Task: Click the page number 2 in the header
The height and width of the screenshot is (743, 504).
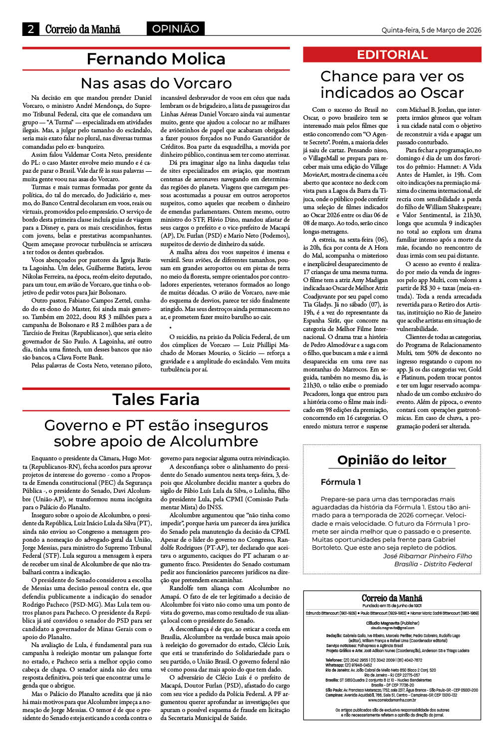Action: pos(30,29)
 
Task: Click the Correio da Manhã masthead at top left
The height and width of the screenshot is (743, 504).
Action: pos(83,29)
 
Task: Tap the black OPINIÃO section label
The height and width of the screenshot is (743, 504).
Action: pos(175,29)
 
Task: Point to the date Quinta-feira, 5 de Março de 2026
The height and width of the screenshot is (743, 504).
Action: pos(431,30)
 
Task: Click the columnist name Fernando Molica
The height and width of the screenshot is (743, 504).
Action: pos(156,59)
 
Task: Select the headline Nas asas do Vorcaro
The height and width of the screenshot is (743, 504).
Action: pos(156,82)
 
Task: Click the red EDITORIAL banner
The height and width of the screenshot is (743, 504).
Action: pos(392,55)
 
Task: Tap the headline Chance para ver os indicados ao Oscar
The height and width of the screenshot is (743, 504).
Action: pos(392,84)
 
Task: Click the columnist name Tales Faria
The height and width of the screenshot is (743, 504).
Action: pos(156,399)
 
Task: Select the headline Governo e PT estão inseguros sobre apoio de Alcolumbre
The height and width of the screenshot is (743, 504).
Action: pos(156,433)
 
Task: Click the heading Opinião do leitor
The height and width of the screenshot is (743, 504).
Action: pos(392,460)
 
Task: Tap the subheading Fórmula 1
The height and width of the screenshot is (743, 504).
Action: pos(341,482)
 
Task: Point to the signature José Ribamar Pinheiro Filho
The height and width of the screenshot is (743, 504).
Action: pos(427,556)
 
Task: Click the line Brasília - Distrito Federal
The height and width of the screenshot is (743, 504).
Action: pos(433,564)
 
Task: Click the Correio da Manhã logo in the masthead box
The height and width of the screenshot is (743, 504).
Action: pos(392,598)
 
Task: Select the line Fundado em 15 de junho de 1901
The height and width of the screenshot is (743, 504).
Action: pos(392,606)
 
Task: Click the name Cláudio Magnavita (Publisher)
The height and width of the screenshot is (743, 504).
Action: pos(392,623)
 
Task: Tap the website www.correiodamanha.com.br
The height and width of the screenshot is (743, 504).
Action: pos(392,700)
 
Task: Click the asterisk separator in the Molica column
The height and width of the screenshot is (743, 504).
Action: pos(170,328)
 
